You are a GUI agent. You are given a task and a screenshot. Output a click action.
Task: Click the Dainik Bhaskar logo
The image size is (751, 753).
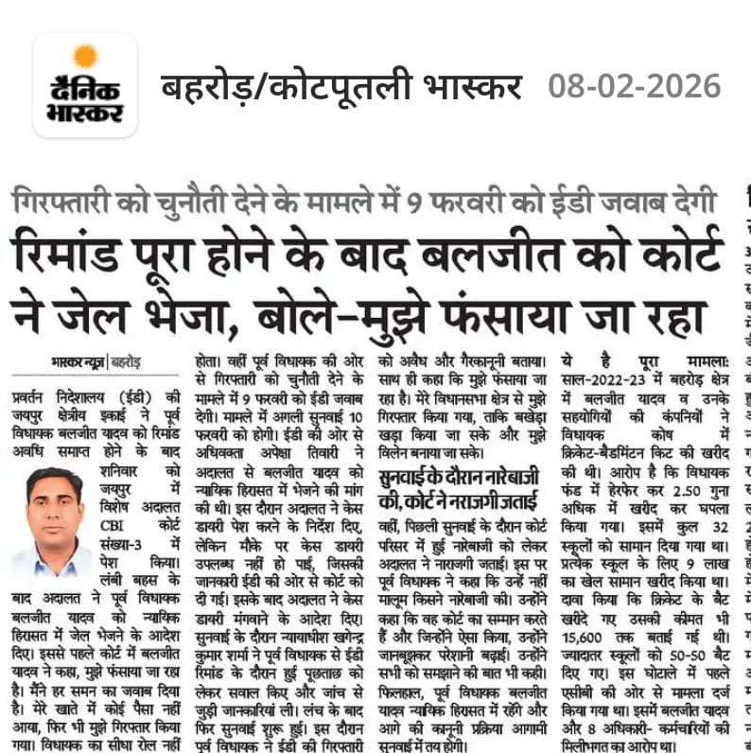click(85, 86)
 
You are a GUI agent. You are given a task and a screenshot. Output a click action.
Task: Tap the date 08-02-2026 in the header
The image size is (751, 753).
click(635, 87)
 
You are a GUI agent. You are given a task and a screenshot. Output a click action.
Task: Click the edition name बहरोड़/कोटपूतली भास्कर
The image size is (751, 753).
click(341, 87)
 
